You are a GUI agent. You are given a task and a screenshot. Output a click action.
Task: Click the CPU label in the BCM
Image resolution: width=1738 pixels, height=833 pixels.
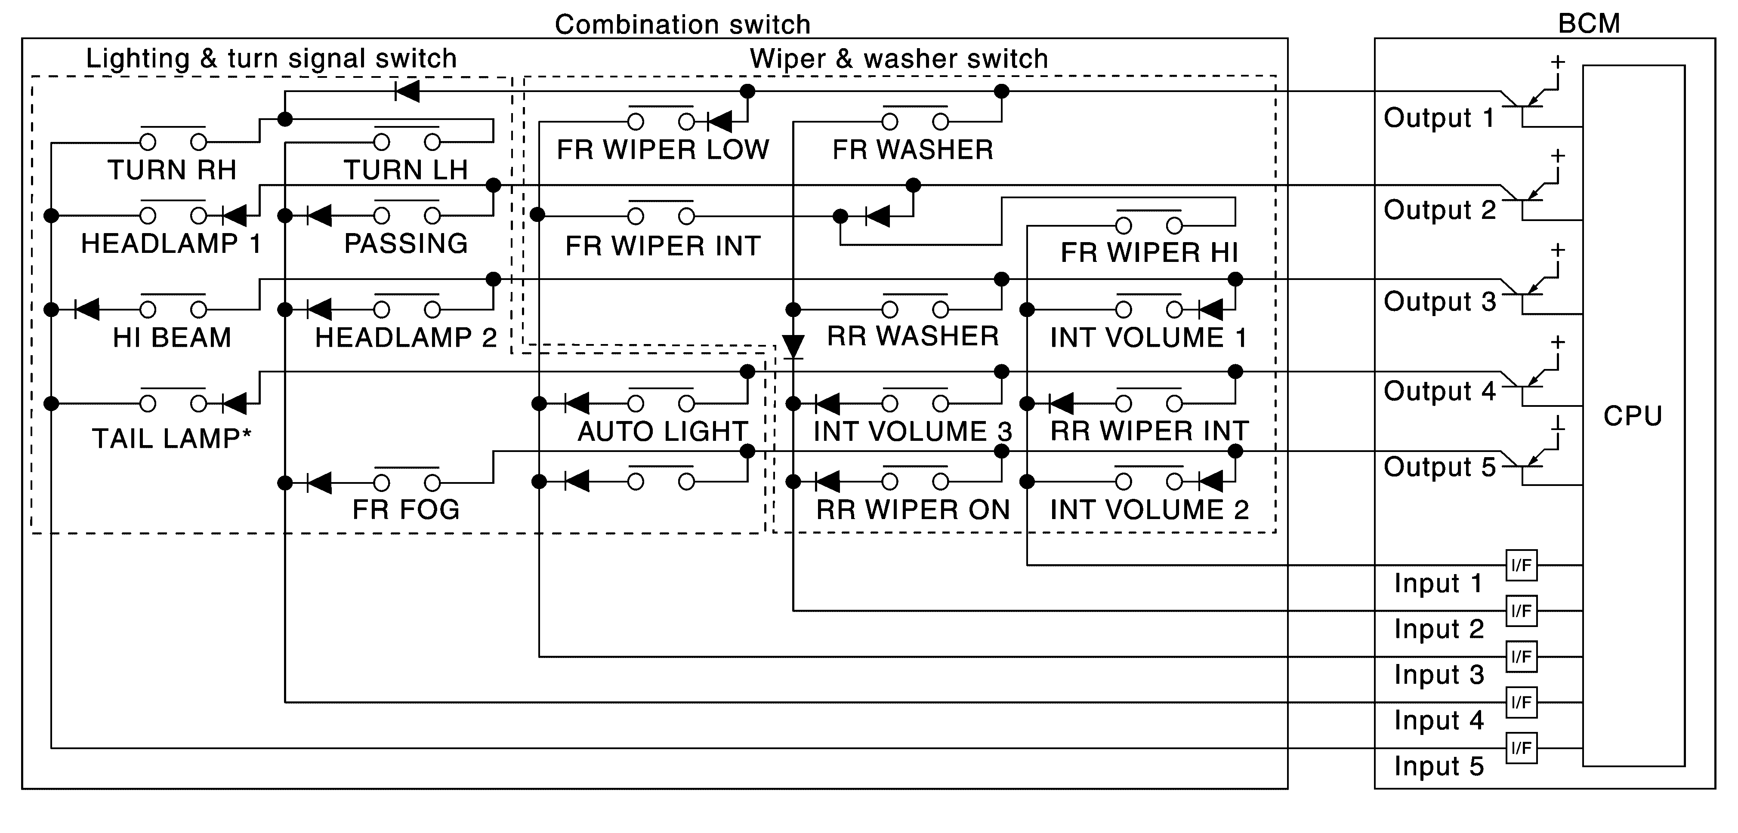click(1632, 416)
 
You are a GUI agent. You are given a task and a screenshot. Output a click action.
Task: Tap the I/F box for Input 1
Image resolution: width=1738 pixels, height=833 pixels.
click(1522, 565)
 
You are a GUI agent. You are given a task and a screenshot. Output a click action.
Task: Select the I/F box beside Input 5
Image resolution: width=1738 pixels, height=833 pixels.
click(1522, 748)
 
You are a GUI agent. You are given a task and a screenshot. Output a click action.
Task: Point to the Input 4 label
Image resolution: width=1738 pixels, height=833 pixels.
click(1439, 720)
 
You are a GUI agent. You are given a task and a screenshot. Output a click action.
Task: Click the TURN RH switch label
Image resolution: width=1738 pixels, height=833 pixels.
click(172, 170)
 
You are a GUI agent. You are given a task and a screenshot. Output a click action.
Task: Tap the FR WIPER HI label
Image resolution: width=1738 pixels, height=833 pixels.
click(1149, 252)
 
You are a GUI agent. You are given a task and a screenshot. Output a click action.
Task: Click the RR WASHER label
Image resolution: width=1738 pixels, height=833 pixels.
click(913, 336)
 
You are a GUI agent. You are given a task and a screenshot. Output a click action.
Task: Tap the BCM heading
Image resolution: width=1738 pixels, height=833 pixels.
click(1589, 24)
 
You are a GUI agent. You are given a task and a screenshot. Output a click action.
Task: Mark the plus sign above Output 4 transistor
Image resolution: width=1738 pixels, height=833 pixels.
click(1558, 342)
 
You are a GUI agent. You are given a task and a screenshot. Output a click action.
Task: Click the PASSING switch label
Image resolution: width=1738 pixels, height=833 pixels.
click(405, 243)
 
